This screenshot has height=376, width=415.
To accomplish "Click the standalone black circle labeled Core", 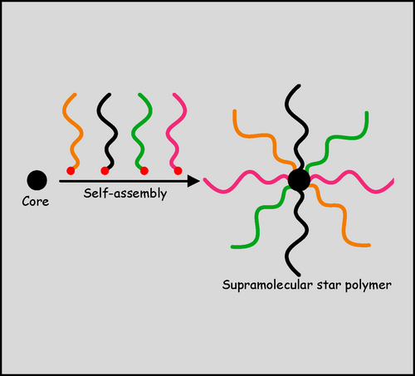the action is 37,180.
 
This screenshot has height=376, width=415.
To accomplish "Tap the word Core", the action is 36,202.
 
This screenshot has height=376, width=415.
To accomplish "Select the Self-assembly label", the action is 125,193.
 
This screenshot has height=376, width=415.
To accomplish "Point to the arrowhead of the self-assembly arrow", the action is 193,181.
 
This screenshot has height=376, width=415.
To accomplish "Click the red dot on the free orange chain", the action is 71,171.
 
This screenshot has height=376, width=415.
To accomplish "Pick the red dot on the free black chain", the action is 105,171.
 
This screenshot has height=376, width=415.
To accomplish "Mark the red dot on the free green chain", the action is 144,171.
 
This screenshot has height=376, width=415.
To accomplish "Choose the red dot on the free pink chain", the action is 178,171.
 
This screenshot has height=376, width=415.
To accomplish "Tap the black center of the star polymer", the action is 299,180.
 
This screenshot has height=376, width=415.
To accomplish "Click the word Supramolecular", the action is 268,285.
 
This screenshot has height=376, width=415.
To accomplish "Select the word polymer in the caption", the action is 369,286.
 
